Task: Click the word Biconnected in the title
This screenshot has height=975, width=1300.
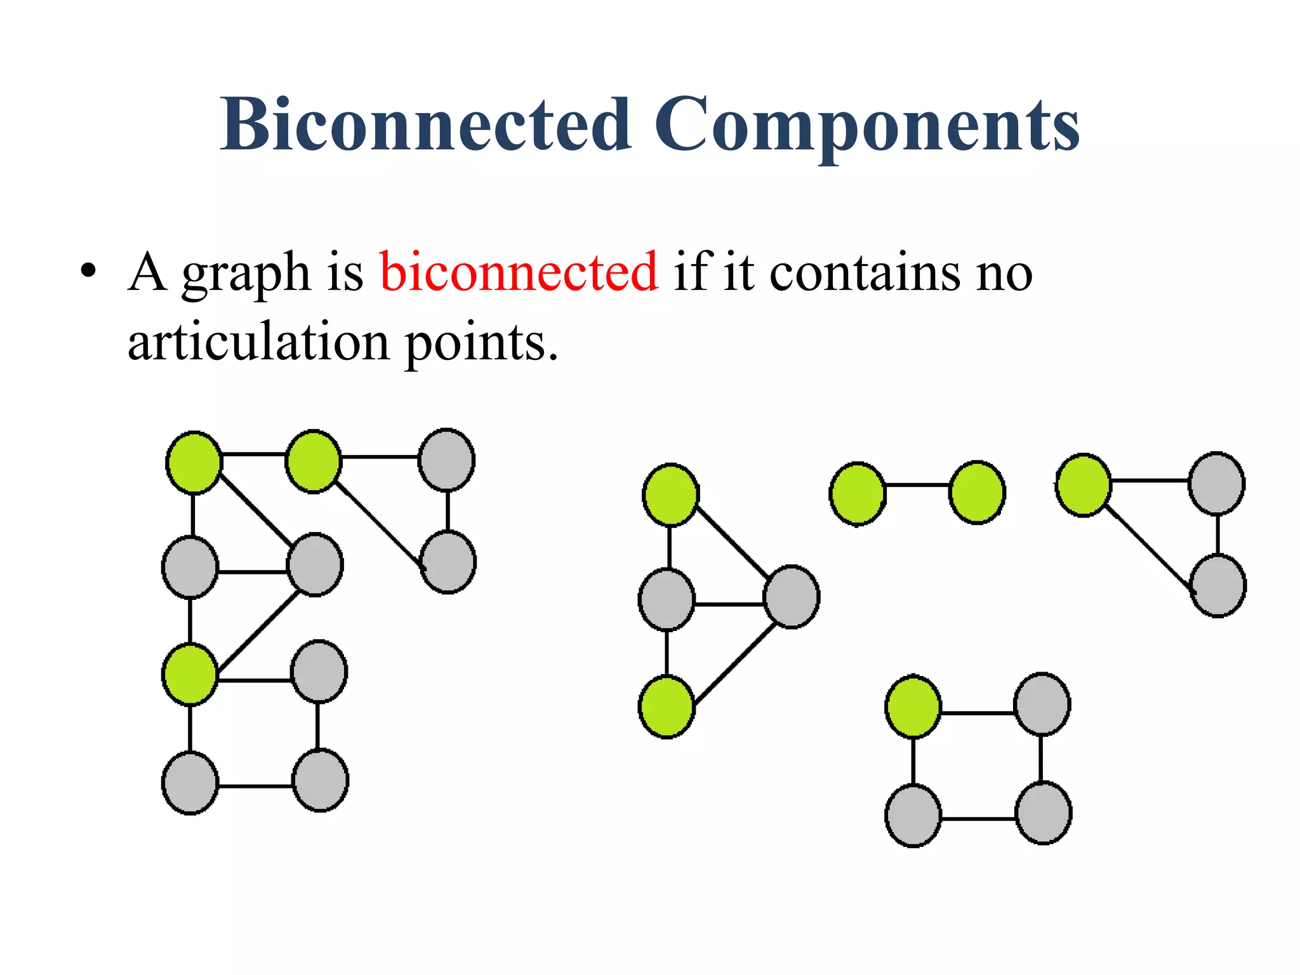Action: (426, 124)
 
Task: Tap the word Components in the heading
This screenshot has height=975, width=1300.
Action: (866, 124)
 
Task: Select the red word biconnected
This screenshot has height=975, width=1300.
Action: (519, 272)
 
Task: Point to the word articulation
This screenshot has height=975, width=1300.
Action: (258, 342)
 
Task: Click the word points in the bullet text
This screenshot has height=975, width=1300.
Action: (481, 342)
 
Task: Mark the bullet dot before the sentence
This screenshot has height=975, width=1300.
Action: (88, 272)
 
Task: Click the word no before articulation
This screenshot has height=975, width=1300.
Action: (1005, 274)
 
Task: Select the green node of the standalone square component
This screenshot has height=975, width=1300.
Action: (913, 706)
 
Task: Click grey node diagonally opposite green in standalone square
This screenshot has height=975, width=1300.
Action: (1044, 813)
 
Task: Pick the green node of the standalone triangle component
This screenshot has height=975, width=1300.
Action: (1084, 485)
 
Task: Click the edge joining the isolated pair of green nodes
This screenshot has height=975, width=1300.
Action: (917, 486)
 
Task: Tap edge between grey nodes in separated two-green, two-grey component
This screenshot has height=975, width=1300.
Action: (729, 604)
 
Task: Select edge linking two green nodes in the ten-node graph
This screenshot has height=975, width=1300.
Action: (254, 454)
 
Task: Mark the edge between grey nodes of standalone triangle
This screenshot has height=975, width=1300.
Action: (1217, 534)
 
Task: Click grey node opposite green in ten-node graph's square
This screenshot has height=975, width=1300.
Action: (320, 780)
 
